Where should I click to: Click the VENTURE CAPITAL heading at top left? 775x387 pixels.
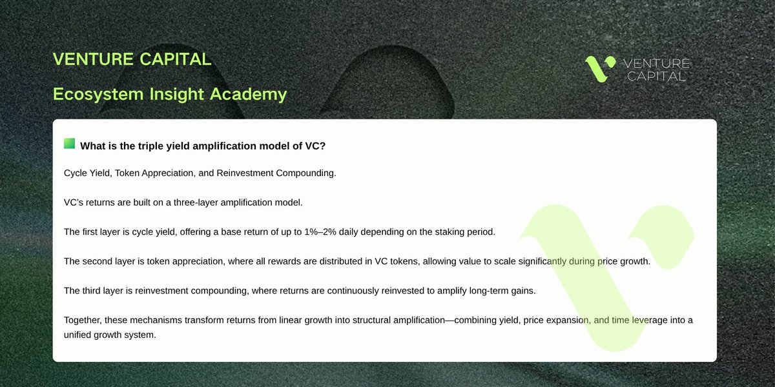click(x=132, y=59)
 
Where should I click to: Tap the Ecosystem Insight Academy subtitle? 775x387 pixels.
click(x=169, y=94)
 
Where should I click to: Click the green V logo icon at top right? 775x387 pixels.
click(x=600, y=69)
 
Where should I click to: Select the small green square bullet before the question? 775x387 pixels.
click(x=69, y=144)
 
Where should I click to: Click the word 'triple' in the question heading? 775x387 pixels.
click(x=153, y=146)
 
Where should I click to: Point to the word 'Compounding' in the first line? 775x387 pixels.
click(x=305, y=174)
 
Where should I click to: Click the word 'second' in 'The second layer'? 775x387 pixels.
click(x=99, y=261)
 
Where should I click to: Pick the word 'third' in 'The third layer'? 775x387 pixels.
click(x=94, y=290)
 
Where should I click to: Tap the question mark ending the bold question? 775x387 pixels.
click(x=323, y=146)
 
